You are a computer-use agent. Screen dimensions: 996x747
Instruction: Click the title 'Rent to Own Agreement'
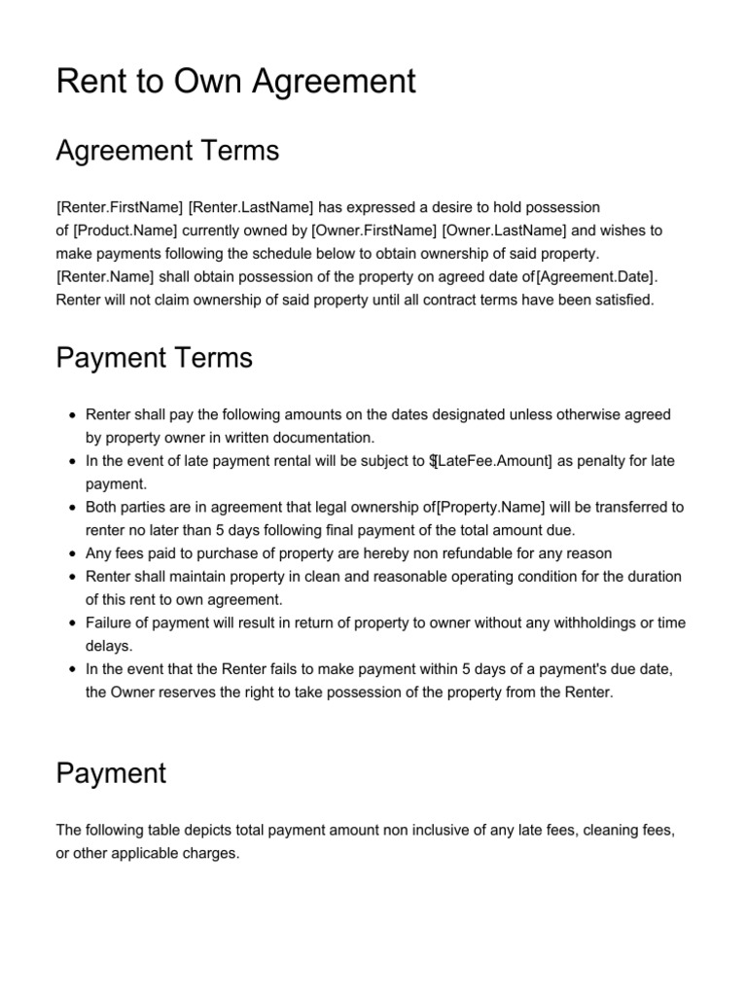pos(236,81)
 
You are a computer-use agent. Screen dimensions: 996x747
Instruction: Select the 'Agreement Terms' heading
pos(167,151)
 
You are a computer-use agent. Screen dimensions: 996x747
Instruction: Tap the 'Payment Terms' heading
pos(154,358)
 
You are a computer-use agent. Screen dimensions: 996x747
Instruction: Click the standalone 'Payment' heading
pos(111,773)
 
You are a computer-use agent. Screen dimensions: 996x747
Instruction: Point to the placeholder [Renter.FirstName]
pos(120,207)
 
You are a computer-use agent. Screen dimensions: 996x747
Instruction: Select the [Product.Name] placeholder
pos(124,231)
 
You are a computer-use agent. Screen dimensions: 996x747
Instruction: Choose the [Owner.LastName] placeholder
pos(504,231)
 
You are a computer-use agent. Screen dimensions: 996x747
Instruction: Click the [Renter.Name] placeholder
pos(105,277)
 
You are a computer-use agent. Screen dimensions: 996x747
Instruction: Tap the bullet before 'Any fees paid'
pos(72,553)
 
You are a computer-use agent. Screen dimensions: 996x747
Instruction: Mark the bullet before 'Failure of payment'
pos(72,623)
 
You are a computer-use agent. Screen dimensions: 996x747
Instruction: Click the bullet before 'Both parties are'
pos(72,508)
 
